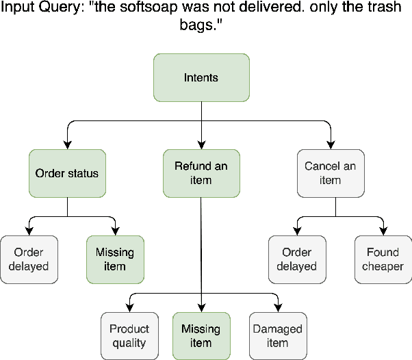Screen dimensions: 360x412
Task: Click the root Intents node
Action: tap(201, 77)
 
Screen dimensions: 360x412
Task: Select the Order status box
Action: tap(67, 173)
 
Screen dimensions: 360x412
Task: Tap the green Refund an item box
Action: tap(201, 173)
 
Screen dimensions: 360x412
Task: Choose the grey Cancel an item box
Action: tap(330, 173)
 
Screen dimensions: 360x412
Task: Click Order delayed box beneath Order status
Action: tap(29, 259)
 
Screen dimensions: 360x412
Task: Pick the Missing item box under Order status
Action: tap(115, 259)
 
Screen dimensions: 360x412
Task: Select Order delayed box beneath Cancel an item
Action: tap(296, 259)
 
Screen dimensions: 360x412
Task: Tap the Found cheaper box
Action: tap(383, 259)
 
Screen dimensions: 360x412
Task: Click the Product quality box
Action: tap(129, 335)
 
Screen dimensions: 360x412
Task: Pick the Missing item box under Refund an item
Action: tap(201, 335)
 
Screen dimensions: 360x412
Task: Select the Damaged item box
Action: tap(277, 335)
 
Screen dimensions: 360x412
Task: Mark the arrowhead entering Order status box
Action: tap(67, 144)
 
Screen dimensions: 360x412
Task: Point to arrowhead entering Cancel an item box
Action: tap(330, 144)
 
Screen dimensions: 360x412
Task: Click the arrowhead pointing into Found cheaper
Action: tap(383, 231)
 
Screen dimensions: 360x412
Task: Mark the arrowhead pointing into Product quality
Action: tap(129, 307)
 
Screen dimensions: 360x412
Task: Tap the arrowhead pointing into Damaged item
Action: tap(277, 307)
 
